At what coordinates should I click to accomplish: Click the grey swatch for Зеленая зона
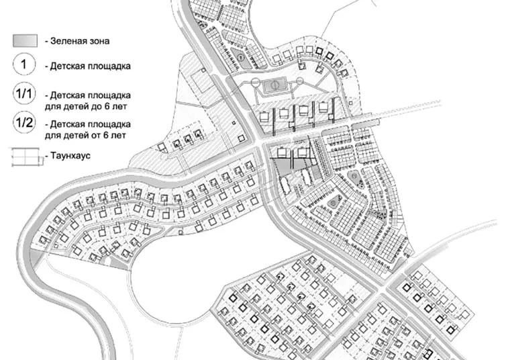coord(26,41)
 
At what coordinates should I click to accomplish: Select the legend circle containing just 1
coord(24,64)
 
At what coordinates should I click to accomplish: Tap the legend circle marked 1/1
coord(24,93)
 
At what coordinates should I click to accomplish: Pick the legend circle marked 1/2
coord(24,122)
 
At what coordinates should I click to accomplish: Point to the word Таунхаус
coord(70,156)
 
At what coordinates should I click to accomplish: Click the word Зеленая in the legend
coord(67,41)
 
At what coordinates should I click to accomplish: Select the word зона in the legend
coord(98,41)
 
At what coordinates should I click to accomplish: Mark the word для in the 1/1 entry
coord(52,107)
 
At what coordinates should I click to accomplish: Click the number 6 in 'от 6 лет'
coord(106,135)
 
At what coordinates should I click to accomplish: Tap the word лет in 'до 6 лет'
coord(119,106)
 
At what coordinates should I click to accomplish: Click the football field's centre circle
coord(274,85)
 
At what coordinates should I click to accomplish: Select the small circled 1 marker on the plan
coord(240,57)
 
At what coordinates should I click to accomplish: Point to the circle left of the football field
coord(255,82)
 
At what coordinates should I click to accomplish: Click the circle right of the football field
coord(300,81)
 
